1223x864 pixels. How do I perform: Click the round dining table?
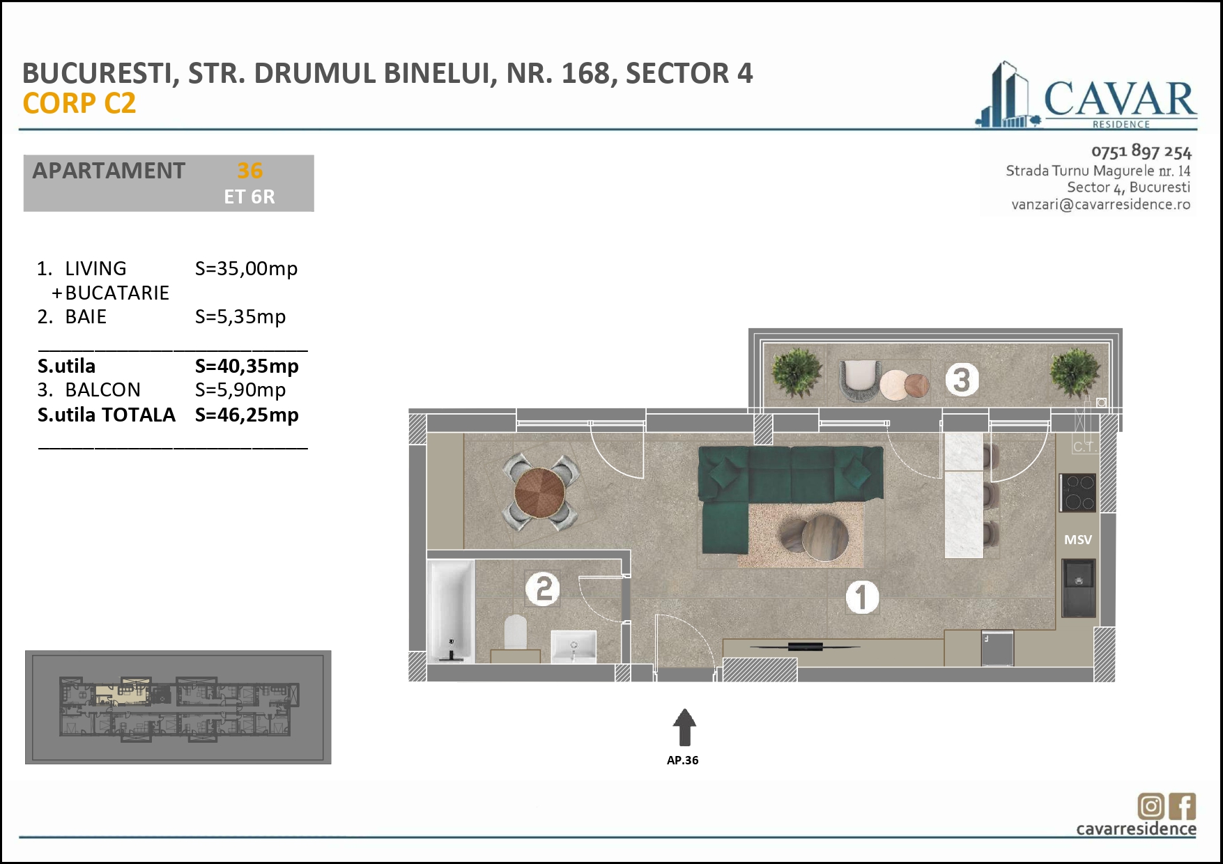point(539,493)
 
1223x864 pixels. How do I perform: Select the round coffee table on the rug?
point(824,537)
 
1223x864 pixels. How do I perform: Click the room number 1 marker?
point(862,597)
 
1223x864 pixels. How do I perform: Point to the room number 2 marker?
point(543,589)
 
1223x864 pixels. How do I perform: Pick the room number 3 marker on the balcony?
point(962,380)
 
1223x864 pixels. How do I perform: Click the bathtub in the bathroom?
point(452,611)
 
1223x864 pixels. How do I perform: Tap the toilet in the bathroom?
point(516,632)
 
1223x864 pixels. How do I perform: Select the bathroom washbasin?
point(574,647)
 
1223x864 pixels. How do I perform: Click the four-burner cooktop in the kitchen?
point(1078,493)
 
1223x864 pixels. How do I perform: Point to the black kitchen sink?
point(1079,588)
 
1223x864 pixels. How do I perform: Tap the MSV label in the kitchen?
point(1078,539)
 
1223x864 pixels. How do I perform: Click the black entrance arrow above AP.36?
point(684,727)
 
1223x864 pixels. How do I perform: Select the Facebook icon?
point(1183,806)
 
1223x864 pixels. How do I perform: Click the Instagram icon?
point(1151,806)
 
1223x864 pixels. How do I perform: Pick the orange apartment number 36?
point(249,171)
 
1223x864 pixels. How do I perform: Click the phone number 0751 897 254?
point(1141,151)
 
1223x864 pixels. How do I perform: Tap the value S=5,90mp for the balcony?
point(240,390)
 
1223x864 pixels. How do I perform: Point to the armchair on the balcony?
point(859,380)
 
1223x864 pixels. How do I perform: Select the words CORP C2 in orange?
point(79,103)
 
